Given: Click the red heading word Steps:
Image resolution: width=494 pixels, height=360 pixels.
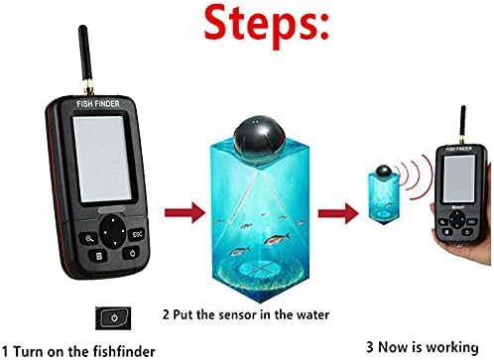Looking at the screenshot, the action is tap(267, 26).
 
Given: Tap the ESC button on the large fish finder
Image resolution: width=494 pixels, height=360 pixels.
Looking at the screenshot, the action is tap(137, 234).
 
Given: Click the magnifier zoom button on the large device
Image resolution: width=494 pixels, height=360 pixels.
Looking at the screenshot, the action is tap(88, 238).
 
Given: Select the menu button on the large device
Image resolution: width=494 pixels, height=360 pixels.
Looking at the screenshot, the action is tap(98, 256).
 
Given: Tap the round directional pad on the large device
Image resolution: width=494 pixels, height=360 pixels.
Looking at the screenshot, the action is tap(113, 232).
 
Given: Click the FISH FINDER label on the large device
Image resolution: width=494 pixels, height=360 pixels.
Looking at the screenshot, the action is tap(98, 104).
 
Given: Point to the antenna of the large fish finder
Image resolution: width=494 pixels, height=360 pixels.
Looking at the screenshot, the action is tap(86, 60).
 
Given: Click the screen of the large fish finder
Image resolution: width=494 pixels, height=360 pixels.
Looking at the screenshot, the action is tap(102, 159).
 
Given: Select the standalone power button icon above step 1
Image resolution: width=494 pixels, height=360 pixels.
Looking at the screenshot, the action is tap(113, 318).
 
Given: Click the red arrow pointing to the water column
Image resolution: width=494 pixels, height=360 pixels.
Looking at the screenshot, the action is tap(185, 212).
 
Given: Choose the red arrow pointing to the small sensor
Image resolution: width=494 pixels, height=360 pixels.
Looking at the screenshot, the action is tap(338, 213).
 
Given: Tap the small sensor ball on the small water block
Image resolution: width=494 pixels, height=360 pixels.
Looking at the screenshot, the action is tap(384, 172).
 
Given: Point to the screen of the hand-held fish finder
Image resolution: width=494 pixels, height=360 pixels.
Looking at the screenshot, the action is tap(459, 179).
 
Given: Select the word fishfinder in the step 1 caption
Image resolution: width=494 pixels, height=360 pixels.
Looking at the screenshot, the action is tap(124, 351).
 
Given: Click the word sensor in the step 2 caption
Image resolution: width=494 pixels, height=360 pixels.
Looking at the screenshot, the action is tap(239, 314).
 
